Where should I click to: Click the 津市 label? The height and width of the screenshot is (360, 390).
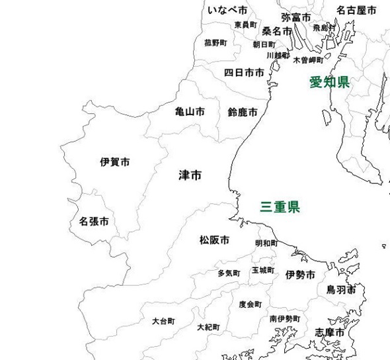click(190, 175)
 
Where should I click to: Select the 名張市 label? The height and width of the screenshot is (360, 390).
click(94, 220)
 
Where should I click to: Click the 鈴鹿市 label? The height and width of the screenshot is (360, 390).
click(243, 112)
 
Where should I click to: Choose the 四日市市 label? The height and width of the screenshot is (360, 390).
click(244, 72)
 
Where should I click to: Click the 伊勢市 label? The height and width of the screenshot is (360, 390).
click(300, 275)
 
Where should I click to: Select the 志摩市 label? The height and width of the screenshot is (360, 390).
click(329, 332)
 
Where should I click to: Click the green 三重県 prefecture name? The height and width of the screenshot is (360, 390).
click(279, 207)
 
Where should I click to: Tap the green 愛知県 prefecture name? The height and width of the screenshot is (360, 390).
click(330, 82)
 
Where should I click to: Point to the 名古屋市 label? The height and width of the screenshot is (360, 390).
click(356, 11)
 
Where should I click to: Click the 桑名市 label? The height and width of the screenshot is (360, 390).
click(276, 31)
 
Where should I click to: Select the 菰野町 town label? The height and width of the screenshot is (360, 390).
click(215, 42)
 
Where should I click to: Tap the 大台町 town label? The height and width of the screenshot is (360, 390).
click(163, 321)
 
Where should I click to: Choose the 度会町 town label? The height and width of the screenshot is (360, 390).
click(250, 304)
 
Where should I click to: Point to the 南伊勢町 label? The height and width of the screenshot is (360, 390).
click(284, 319)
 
